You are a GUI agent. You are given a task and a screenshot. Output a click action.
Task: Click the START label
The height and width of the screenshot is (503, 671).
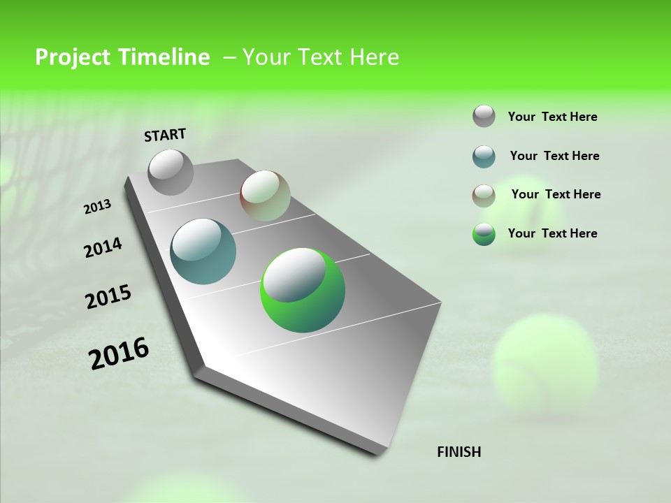[165, 134]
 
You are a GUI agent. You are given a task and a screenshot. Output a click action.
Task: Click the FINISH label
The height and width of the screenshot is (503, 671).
[459, 452]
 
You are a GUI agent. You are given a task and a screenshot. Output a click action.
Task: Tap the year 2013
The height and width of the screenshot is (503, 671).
[97, 206]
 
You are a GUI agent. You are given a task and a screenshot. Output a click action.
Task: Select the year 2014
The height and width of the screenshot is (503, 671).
[103, 248]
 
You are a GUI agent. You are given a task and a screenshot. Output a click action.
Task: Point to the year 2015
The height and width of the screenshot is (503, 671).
[108, 297]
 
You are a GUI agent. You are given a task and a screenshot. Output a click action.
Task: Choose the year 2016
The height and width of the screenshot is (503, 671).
[119, 353]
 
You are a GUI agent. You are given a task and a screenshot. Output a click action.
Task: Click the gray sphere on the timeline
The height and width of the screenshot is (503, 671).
[171, 172]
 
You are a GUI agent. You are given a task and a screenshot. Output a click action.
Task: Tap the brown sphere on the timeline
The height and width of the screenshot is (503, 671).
[265, 196]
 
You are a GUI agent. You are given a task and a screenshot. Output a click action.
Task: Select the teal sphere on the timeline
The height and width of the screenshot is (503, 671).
[203, 251]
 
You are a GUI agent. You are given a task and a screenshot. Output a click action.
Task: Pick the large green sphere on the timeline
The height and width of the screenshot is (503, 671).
[303, 290]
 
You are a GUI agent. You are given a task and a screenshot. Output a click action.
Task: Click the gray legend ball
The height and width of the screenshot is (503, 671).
[484, 116]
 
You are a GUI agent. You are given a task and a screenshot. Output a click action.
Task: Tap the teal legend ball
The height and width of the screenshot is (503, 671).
[484, 156]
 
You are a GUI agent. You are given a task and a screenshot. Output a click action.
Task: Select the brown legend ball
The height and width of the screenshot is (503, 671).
[484, 195]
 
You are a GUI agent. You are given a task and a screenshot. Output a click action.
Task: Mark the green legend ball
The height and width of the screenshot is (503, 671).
[484, 234]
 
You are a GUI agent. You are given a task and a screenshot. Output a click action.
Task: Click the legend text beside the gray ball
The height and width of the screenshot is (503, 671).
[552, 117]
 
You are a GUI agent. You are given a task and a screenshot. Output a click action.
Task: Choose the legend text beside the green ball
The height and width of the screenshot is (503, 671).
[552, 233]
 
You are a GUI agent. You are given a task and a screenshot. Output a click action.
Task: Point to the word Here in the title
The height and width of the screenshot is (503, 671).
[374, 57]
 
